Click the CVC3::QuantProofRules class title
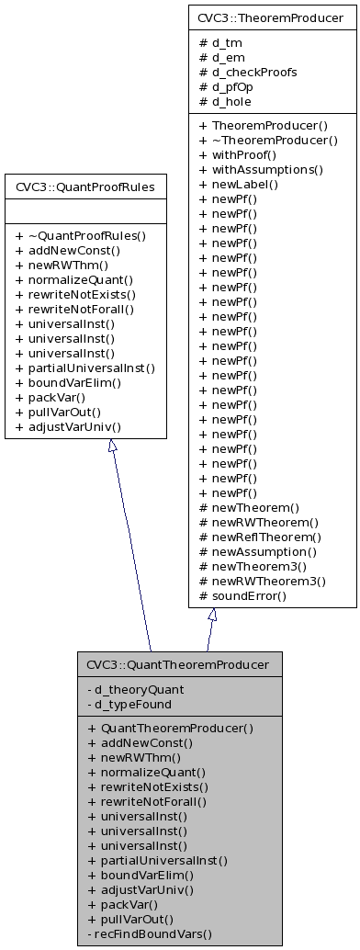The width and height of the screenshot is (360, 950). tap(85, 187)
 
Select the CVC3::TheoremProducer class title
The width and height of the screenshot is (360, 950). tap(273, 16)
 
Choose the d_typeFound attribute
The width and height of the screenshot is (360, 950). tap(133, 704)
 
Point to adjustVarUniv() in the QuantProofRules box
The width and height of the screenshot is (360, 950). tap(73, 426)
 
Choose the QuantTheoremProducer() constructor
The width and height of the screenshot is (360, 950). tap(170, 728)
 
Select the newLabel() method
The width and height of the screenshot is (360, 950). tap(247, 185)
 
